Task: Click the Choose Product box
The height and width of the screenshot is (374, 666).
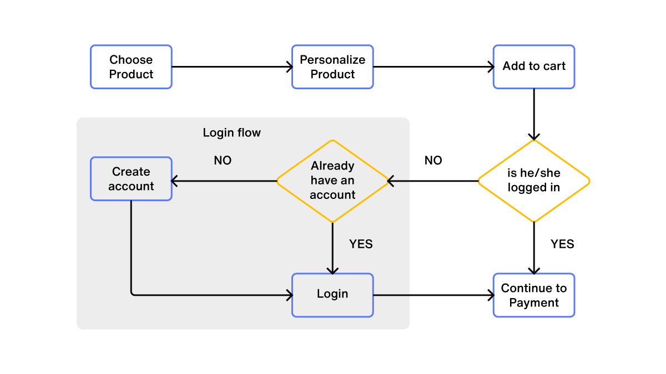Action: [131, 67]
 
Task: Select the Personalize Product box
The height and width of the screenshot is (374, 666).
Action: [332, 67]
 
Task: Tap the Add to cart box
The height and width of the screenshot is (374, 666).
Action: [534, 67]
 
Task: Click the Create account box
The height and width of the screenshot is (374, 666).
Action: [131, 179]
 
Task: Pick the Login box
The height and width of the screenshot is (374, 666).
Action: [332, 295]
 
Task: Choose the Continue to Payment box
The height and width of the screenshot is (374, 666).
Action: [534, 295]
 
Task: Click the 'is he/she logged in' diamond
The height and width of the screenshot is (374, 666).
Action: [534, 181]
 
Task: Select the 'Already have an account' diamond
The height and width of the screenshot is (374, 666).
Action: [332, 181]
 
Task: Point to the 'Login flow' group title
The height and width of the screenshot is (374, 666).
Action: [231, 133]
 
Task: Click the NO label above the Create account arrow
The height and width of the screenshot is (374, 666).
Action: [223, 161]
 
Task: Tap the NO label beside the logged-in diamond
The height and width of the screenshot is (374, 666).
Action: [433, 161]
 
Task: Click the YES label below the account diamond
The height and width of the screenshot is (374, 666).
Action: [361, 244]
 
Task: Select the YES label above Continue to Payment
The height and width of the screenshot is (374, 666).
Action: [562, 244]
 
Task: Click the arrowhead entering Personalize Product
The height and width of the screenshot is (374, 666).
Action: [289, 67]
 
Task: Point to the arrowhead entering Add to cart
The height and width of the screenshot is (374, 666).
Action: [491, 67]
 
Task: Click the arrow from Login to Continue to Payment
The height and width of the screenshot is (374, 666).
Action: [433, 295]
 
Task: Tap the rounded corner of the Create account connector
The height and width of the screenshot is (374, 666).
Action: [133, 293]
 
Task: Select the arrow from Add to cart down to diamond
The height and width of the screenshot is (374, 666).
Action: [534, 114]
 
